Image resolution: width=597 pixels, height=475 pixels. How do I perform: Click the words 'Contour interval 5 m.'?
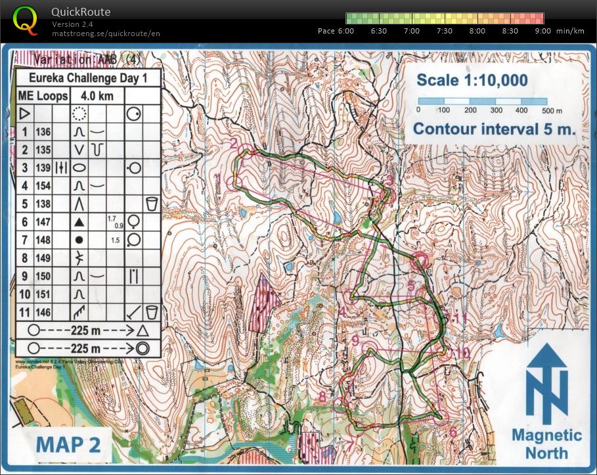[495, 128]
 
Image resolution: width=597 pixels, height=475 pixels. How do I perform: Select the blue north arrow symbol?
[548, 384]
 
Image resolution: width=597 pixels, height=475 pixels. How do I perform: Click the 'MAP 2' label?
[68, 445]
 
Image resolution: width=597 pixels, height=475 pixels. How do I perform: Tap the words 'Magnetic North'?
[546, 443]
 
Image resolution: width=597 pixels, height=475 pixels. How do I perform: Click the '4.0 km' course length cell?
[97, 96]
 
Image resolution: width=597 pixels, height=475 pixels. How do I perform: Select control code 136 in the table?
[43, 131]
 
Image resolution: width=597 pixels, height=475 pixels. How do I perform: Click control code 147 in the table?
[43, 222]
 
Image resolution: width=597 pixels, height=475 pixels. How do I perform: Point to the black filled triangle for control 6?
[79, 222]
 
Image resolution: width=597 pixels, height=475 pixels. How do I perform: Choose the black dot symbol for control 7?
[79, 240]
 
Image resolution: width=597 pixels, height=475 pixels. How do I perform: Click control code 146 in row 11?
[43, 311]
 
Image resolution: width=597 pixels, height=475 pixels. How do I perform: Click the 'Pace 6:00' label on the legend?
[336, 31]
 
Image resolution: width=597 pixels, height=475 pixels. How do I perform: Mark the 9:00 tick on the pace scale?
[542, 31]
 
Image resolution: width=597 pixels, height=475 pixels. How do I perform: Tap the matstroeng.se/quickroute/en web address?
[106, 33]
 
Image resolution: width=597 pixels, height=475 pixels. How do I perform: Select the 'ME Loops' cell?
[43, 96]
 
